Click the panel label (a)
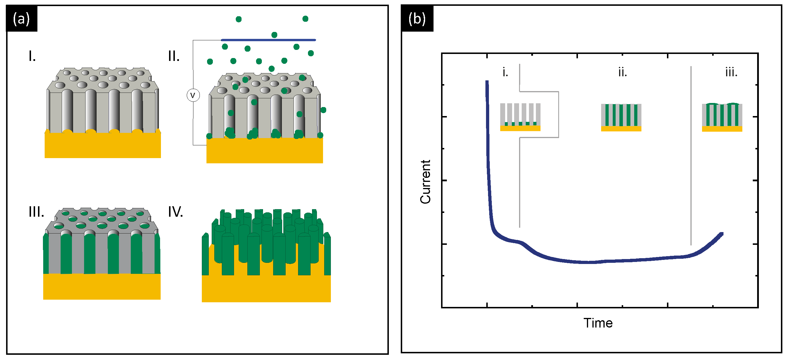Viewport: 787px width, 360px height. [x=21, y=19]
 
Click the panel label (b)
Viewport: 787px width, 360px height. [x=417, y=19]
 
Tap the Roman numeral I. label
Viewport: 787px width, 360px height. [x=32, y=56]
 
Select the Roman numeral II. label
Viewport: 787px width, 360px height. [x=173, y=56]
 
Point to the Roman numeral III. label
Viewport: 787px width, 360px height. [x=36, y=211]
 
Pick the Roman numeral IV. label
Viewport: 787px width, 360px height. [x=175, y=211]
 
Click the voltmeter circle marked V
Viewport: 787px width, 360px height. [x=193, y=95]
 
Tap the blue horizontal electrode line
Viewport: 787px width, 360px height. [x=268, y=40]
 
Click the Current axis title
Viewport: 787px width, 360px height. [x=425, y=182]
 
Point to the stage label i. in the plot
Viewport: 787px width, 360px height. [x=505, y=73]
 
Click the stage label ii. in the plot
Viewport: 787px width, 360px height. [x=622, y=73]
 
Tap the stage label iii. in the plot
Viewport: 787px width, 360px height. [x=731, y=73]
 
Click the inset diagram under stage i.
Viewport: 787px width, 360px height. [x=520, y=117]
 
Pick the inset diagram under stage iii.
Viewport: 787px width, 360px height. [x=722, y=117]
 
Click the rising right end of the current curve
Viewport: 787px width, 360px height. [x=715, y=240]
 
